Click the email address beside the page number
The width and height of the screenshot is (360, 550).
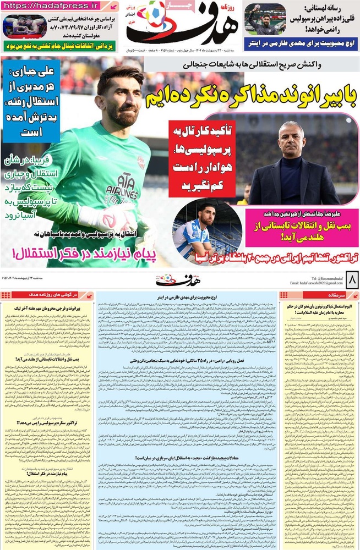tap(312, 283)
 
